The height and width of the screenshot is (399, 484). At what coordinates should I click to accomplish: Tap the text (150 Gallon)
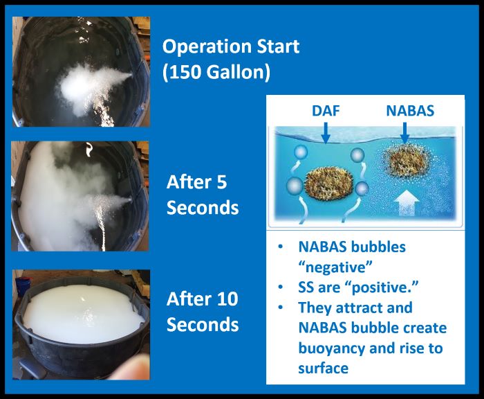216,72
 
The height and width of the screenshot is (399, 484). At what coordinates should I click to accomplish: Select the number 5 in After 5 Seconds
222,182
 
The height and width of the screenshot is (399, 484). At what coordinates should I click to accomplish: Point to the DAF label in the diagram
326,111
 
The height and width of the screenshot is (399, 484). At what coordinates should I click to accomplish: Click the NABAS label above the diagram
410,111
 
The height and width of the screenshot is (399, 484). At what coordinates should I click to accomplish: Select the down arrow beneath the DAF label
326,133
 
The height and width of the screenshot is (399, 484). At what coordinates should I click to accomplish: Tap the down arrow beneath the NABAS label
404,133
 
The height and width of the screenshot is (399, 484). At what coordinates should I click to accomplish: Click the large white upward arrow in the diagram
407,202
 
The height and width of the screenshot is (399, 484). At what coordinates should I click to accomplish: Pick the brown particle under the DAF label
329,186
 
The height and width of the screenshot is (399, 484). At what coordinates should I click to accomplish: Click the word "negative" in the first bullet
335,267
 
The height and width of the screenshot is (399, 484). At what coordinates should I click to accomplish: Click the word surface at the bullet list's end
323,368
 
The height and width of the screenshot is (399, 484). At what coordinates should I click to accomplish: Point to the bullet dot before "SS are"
280,287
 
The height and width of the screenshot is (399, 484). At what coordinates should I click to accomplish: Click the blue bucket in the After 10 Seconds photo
23,286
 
